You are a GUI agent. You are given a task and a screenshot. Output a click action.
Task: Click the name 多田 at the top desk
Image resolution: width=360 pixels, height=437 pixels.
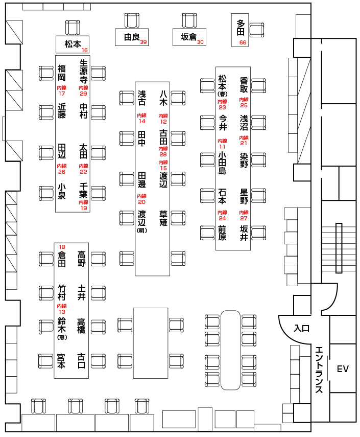coord(241,28)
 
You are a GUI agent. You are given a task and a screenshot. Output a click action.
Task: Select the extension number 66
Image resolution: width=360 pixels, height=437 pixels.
coord(243,42)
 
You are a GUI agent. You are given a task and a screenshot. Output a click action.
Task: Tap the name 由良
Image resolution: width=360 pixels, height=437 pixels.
coord(132,37)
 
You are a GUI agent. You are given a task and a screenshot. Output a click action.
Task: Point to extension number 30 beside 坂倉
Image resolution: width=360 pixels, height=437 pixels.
coord(201,42)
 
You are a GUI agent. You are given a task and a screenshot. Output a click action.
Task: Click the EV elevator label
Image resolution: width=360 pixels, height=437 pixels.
coord(342,369)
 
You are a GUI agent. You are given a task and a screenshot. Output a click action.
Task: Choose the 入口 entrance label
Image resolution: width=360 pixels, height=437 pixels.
coord(302,328)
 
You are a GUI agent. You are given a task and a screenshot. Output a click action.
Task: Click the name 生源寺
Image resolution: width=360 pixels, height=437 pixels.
coord(83,71)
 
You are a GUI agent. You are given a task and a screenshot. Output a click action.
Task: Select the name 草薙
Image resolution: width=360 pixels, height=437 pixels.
coord(163,218)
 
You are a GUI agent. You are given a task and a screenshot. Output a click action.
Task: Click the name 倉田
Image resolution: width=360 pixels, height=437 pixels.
coord(62,259)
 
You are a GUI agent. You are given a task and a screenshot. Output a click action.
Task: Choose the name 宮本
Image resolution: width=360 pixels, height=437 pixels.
coord(62,361)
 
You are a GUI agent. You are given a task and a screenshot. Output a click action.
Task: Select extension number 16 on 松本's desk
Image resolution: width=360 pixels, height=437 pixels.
coord(84,50)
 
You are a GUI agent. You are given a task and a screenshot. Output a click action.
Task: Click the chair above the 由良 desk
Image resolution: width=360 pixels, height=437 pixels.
coord(132,19)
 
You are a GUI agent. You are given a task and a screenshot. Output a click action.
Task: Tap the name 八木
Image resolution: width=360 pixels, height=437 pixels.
coord(163,98)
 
